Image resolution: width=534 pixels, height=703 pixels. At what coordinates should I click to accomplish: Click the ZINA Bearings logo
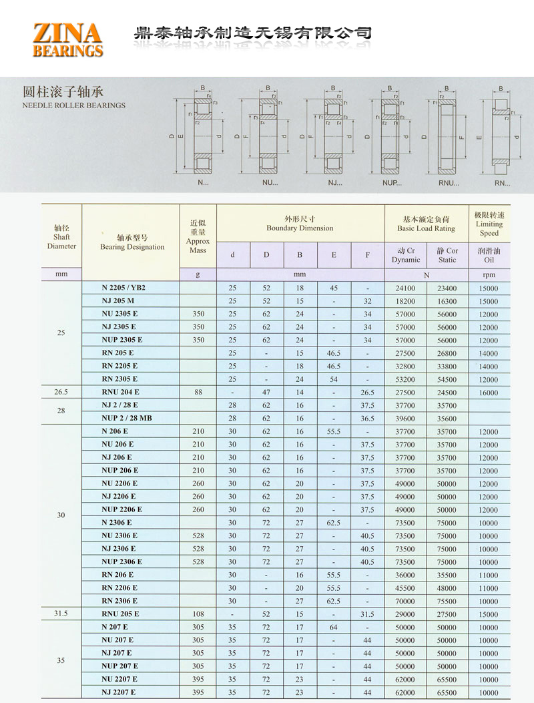coord(67,39)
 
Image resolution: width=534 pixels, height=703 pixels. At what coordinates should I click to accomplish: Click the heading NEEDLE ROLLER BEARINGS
coord(73,105)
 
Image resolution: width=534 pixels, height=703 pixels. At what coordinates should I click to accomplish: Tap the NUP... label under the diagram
coord(392,183)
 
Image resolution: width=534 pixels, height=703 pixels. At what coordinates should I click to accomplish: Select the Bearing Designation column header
coord(132,242)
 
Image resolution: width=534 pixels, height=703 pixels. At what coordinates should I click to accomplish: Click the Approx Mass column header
coord(198,237)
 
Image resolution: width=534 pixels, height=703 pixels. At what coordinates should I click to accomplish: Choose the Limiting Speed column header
coord(489,224)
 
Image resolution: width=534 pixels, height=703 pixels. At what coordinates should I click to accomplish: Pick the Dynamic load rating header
coord(406,255)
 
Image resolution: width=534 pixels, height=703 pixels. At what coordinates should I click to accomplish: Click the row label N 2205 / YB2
coord(123,288)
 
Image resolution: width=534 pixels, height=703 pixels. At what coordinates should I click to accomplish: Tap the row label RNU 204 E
coord(120,392)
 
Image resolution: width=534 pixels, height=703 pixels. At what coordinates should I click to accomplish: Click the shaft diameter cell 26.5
coord(61,392)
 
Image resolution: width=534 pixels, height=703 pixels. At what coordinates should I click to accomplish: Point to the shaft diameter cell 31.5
coord(61,614)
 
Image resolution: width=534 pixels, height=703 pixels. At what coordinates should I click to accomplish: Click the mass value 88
coord(198,392)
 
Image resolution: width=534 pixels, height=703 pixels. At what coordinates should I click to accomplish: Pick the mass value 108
coord(198,614)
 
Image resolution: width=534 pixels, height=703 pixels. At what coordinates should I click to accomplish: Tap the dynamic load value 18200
coord(405,301)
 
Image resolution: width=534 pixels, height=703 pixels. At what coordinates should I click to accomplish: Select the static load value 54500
coord(447,379)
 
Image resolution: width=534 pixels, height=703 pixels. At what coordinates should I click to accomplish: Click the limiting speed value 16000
coord(489,393)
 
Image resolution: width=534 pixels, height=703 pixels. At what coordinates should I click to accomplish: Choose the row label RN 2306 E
coord(119,601)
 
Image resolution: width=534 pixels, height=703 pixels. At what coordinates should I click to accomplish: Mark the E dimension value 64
coord(334,627)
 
